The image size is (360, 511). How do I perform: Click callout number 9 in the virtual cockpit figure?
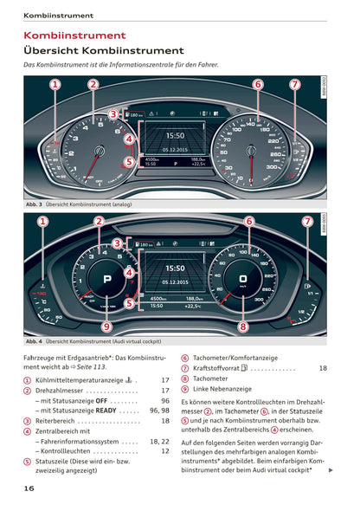106,327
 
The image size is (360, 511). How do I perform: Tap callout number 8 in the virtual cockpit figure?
243,327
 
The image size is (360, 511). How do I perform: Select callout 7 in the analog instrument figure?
294,85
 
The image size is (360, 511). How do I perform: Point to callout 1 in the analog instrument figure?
55,85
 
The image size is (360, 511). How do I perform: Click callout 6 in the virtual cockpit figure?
248,222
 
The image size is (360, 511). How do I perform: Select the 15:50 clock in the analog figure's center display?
175,136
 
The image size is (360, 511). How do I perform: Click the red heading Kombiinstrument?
74,36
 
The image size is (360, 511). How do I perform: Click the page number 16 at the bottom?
29,489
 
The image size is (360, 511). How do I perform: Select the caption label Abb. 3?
35,204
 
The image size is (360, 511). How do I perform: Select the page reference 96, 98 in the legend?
159,411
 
